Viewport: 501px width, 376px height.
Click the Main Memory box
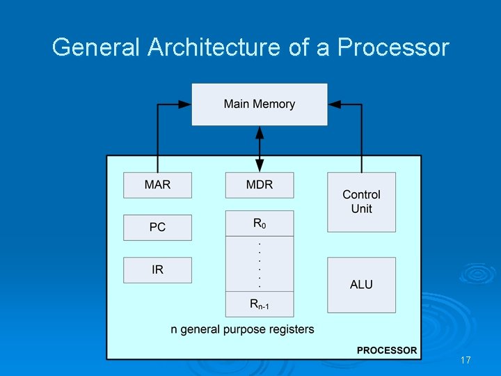[260, 104]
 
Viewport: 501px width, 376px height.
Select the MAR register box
[157, 185]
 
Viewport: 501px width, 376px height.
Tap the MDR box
[260, 185]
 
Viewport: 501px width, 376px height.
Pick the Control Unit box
[361, 202]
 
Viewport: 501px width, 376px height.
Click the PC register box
[157, 228]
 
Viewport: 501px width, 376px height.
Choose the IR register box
[157, 270]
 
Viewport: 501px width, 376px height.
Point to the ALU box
[361, 285]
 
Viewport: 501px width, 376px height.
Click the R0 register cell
[260, 224]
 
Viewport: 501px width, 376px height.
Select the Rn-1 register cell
[260, 304]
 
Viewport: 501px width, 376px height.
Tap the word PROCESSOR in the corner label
[387, 350]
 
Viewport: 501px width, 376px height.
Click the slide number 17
[466, 361]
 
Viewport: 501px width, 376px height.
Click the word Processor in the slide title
[393, 47]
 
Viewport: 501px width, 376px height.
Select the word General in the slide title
[97, 47]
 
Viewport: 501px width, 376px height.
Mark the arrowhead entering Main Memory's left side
[185, 104]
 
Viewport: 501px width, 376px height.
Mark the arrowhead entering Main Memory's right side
[334, 104]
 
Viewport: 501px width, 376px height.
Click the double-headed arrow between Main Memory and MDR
[260, 149]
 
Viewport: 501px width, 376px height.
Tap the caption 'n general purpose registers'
[242, 329]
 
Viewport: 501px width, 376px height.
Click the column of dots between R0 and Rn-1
[260, 265]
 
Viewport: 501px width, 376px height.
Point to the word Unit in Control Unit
[361, 209]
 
